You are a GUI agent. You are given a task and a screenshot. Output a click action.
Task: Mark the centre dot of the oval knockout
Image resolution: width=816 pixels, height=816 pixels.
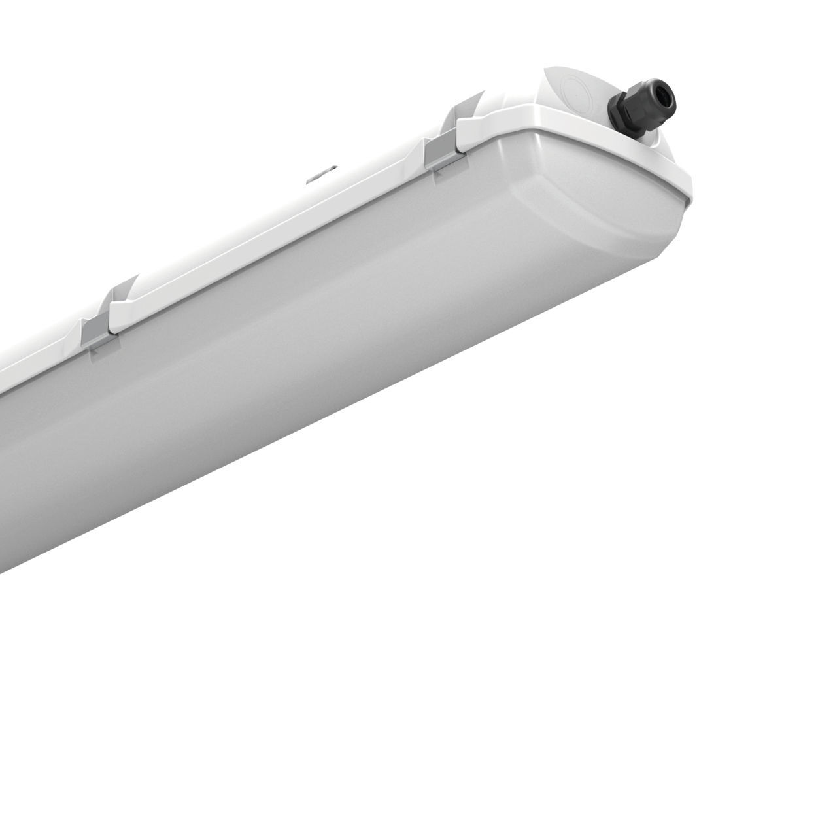click(x=578, y=88)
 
